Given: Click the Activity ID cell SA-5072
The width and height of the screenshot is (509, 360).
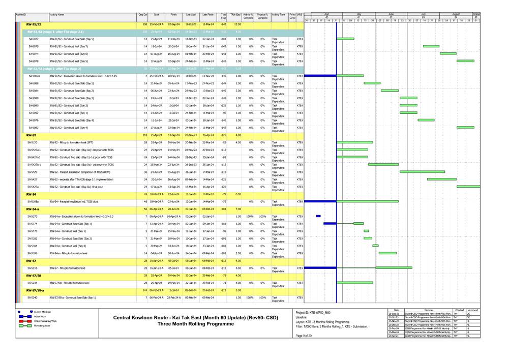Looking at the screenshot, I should point(34,39).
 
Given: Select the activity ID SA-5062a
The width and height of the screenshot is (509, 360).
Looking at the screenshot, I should point(34,76).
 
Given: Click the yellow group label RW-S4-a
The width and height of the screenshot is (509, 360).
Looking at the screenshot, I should point(33,209).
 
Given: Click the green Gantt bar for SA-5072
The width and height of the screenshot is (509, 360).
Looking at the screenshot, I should point(346,39).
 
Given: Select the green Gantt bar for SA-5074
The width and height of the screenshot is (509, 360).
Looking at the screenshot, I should point(448,53).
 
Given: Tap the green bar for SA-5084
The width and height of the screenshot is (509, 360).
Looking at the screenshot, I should point(390,91).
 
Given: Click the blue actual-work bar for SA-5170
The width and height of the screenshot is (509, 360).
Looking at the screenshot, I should point(318,216).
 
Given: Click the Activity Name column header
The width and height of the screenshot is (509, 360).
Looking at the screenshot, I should point(57,16).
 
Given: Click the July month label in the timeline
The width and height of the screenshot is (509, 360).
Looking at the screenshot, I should point(423,14).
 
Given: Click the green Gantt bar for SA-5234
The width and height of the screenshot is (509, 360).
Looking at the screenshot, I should point(355,282).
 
